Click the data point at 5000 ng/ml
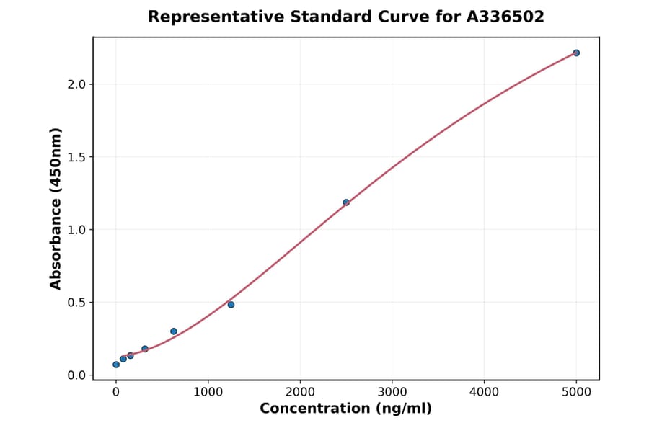coord(576,53)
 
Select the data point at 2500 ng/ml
coord(346,202)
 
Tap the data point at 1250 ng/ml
coord(231,305)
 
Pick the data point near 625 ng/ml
coord(174,331)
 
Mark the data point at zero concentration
coord(116,365)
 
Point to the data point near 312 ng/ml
coord(145,349)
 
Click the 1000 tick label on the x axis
coord(208,392)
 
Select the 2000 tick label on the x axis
coord(300,392)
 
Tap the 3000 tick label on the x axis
coord(392,392)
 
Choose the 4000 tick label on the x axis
coord(484,392)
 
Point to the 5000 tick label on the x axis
coord(576,392)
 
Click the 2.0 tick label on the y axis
coord(76,84)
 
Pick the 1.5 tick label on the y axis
coord(76,157)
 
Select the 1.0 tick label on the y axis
coord(76,230)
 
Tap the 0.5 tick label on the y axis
coord(76,303)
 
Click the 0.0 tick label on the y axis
coord(76,375)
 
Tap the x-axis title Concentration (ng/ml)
coord(345,409)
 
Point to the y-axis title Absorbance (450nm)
coord(56,208)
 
